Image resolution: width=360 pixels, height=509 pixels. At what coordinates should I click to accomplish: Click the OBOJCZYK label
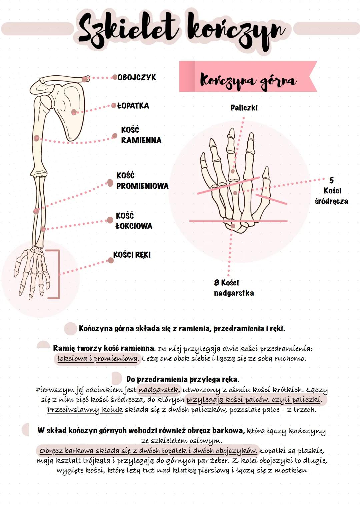coord(137,77)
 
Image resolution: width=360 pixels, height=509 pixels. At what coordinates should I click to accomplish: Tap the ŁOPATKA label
coord(133,106)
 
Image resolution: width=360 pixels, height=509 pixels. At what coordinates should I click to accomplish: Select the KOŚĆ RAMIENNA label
coord(141,135)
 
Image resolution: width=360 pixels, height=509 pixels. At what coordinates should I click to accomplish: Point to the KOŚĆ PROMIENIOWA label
coord(142,181)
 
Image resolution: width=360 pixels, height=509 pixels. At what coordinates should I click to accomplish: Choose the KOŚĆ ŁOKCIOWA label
coord(134,221)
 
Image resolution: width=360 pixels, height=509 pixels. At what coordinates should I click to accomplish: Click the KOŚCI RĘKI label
coord(132,255)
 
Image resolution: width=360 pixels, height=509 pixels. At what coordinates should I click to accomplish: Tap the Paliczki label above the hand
coord(244,108)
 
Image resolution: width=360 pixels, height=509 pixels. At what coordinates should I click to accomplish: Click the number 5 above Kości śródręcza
coord(331,180)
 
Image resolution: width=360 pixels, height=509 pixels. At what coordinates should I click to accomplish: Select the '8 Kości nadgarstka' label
coord(234,288)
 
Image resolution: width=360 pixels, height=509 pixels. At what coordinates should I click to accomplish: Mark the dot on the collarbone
coord(85,79)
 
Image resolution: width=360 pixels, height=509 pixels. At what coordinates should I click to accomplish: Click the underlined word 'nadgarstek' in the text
coord(159,390)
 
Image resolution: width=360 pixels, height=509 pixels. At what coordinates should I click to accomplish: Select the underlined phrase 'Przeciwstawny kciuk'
coord(85,410)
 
